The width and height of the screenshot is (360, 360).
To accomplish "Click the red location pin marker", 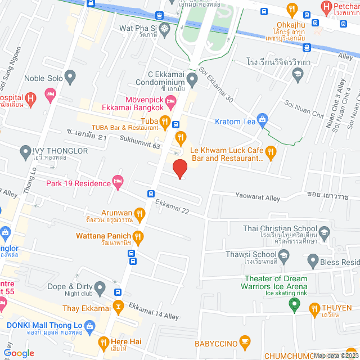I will (179, 168).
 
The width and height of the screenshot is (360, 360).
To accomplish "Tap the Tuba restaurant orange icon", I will (164, 120).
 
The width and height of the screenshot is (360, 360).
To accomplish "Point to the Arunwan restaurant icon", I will (140, 213).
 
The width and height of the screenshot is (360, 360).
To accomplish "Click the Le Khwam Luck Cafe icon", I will (271, 151).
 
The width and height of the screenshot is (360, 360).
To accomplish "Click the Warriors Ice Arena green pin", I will (292, 305).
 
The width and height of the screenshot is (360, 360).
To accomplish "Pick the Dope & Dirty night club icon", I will (100, 289).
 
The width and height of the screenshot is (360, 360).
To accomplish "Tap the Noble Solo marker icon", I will (70, 75).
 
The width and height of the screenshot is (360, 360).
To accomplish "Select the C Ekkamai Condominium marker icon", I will (192, 82).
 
